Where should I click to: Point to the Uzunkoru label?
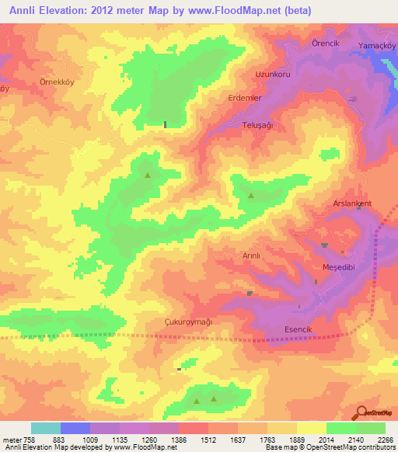click(x=272, y=75)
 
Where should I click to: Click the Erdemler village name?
click(x=245, y=99)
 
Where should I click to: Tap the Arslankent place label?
click(x=352, y=203)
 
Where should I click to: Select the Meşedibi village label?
click(x=338, y=267)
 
